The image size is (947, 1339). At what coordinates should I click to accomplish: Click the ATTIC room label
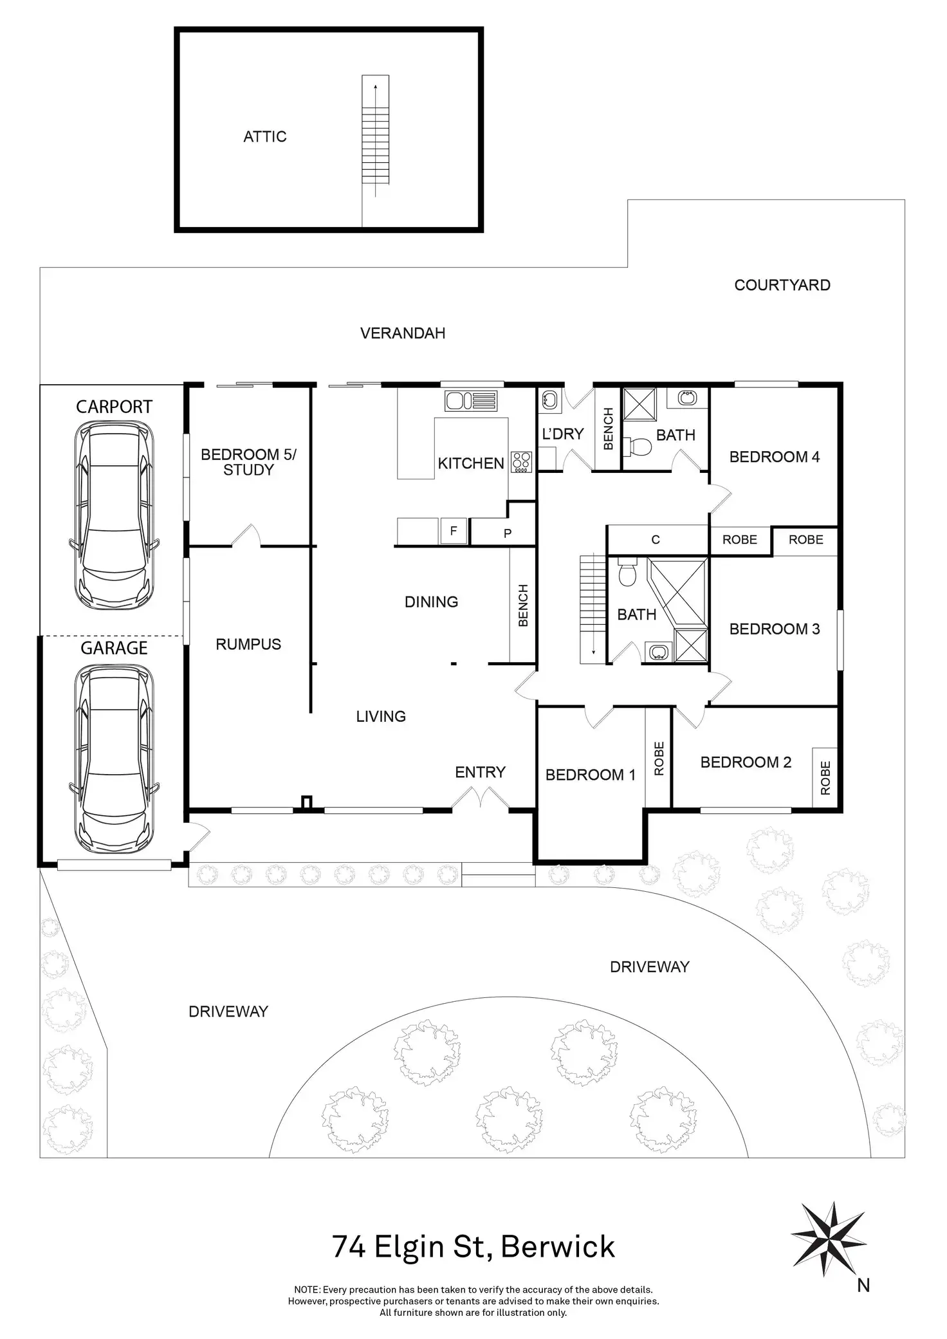[264, 136]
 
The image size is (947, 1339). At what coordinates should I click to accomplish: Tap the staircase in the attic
[376, 134]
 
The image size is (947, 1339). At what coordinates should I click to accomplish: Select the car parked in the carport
[114, 516]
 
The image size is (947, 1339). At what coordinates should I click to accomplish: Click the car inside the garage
[114, 759]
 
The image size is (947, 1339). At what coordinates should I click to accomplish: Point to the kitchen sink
[471, 400]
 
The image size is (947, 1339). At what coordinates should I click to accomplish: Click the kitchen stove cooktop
[522, 462]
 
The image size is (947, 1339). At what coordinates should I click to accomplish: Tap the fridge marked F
[454, 531]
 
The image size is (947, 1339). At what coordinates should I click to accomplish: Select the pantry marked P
[507, 533]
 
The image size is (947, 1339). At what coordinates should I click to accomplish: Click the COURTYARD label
[782, 285]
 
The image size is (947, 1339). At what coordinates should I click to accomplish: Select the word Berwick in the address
[558, 1247]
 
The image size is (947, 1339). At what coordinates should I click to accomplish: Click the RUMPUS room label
[248, 644]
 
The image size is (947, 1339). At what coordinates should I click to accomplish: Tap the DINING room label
[432, 602]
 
